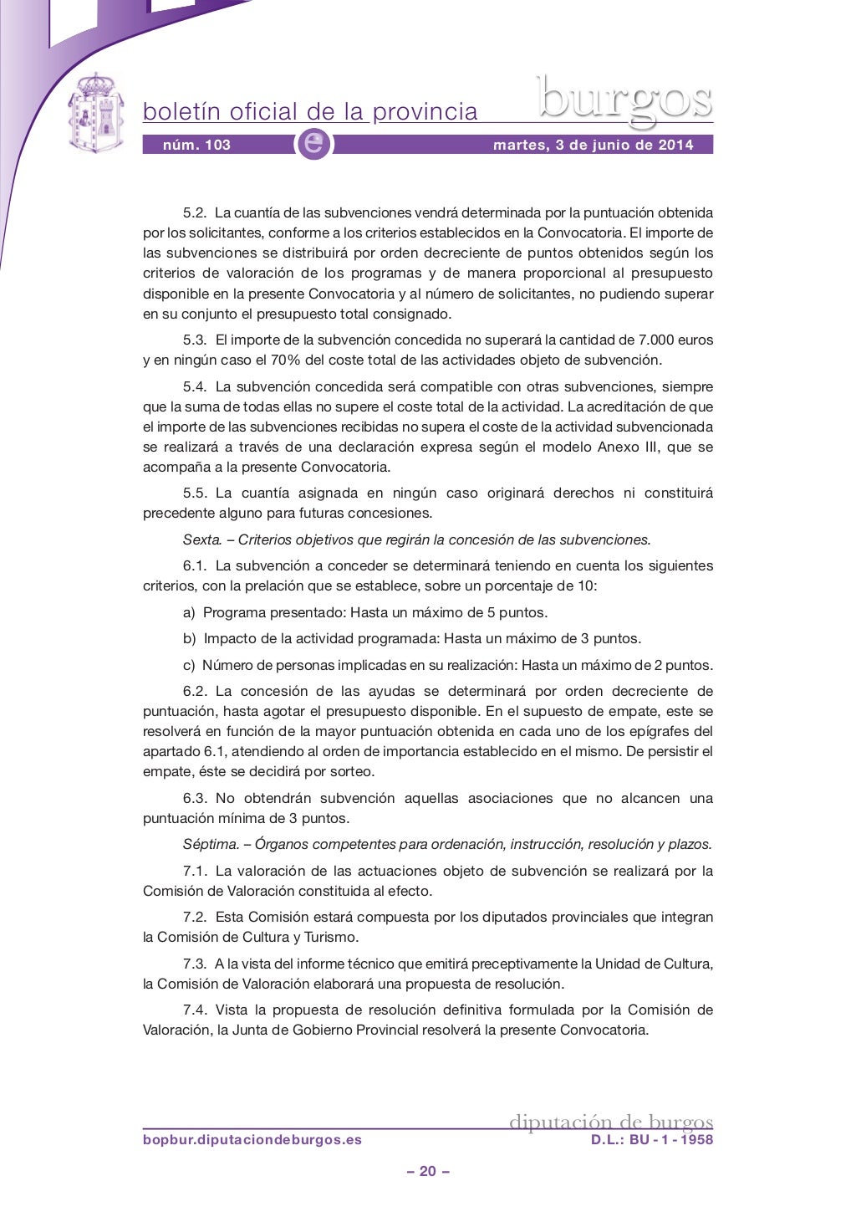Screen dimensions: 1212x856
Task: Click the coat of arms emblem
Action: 94,112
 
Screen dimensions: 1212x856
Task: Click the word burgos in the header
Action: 624,100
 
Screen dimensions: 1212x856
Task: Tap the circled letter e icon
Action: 314,144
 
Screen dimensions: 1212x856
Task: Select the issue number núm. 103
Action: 196,145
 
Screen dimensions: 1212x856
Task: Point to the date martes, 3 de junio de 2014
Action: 593,145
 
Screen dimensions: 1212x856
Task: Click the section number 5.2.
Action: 194,213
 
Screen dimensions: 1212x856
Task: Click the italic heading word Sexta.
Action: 201,540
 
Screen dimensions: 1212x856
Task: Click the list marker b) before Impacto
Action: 190,639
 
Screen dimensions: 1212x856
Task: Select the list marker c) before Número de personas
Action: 189,666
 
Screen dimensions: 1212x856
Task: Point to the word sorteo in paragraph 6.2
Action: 353,772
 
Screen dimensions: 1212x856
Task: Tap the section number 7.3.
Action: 194,964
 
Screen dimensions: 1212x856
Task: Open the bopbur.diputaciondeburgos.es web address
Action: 252,1140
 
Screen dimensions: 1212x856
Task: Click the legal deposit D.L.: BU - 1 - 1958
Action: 652,1140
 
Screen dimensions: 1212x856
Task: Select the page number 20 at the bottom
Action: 428,1171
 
